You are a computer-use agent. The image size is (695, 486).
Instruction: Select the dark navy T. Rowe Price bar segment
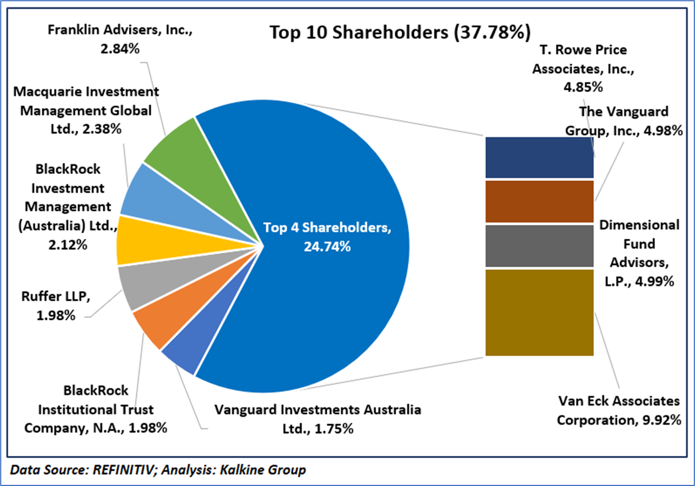coord(539,157)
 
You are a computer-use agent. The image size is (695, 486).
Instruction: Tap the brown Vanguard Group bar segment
coord(539,201)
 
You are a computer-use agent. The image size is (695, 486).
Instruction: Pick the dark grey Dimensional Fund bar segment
coord(539,246)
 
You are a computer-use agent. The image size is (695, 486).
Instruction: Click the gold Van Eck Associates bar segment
coord(539,312)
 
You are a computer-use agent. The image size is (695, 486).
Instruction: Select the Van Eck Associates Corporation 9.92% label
coord(619,411)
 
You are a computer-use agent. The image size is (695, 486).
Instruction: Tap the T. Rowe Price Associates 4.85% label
coord(579,68)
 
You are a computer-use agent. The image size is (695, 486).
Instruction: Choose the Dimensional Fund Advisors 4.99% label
coord(639,253)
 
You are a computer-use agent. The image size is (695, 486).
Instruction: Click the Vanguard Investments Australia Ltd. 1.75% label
coord(317,419)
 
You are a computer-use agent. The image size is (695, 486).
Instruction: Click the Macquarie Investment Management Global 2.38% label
coord(86,110)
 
